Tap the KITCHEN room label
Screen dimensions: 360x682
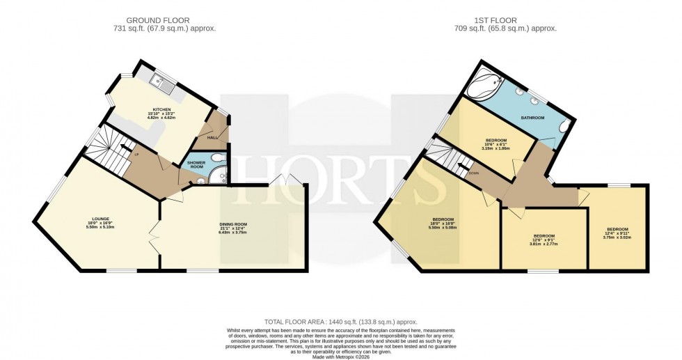coord(162,110)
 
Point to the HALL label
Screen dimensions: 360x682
coord(212,138)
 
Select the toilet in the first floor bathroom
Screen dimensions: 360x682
coord(565,126)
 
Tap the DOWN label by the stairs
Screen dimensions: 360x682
coord(473,174)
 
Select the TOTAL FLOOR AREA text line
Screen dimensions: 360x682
coord(341,322)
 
